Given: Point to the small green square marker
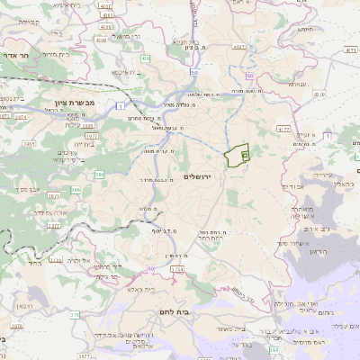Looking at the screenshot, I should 245,156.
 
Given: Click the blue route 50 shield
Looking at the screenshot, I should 194,71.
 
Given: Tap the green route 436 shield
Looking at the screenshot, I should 145,58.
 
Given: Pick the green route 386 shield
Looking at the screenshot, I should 75,190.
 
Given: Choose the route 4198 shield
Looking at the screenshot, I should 100,40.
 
